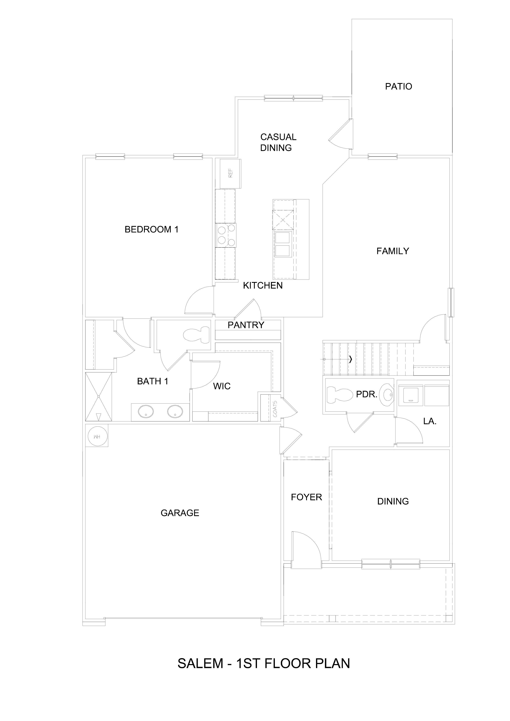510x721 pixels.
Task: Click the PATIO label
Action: pos(398,86)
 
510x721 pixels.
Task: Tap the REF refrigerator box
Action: pos(230,174)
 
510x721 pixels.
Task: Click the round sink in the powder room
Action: pos(387,394)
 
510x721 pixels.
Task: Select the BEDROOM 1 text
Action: pos(151,230)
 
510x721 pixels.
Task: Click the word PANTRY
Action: pos(246,325)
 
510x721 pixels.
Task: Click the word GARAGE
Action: pos(180,513)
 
